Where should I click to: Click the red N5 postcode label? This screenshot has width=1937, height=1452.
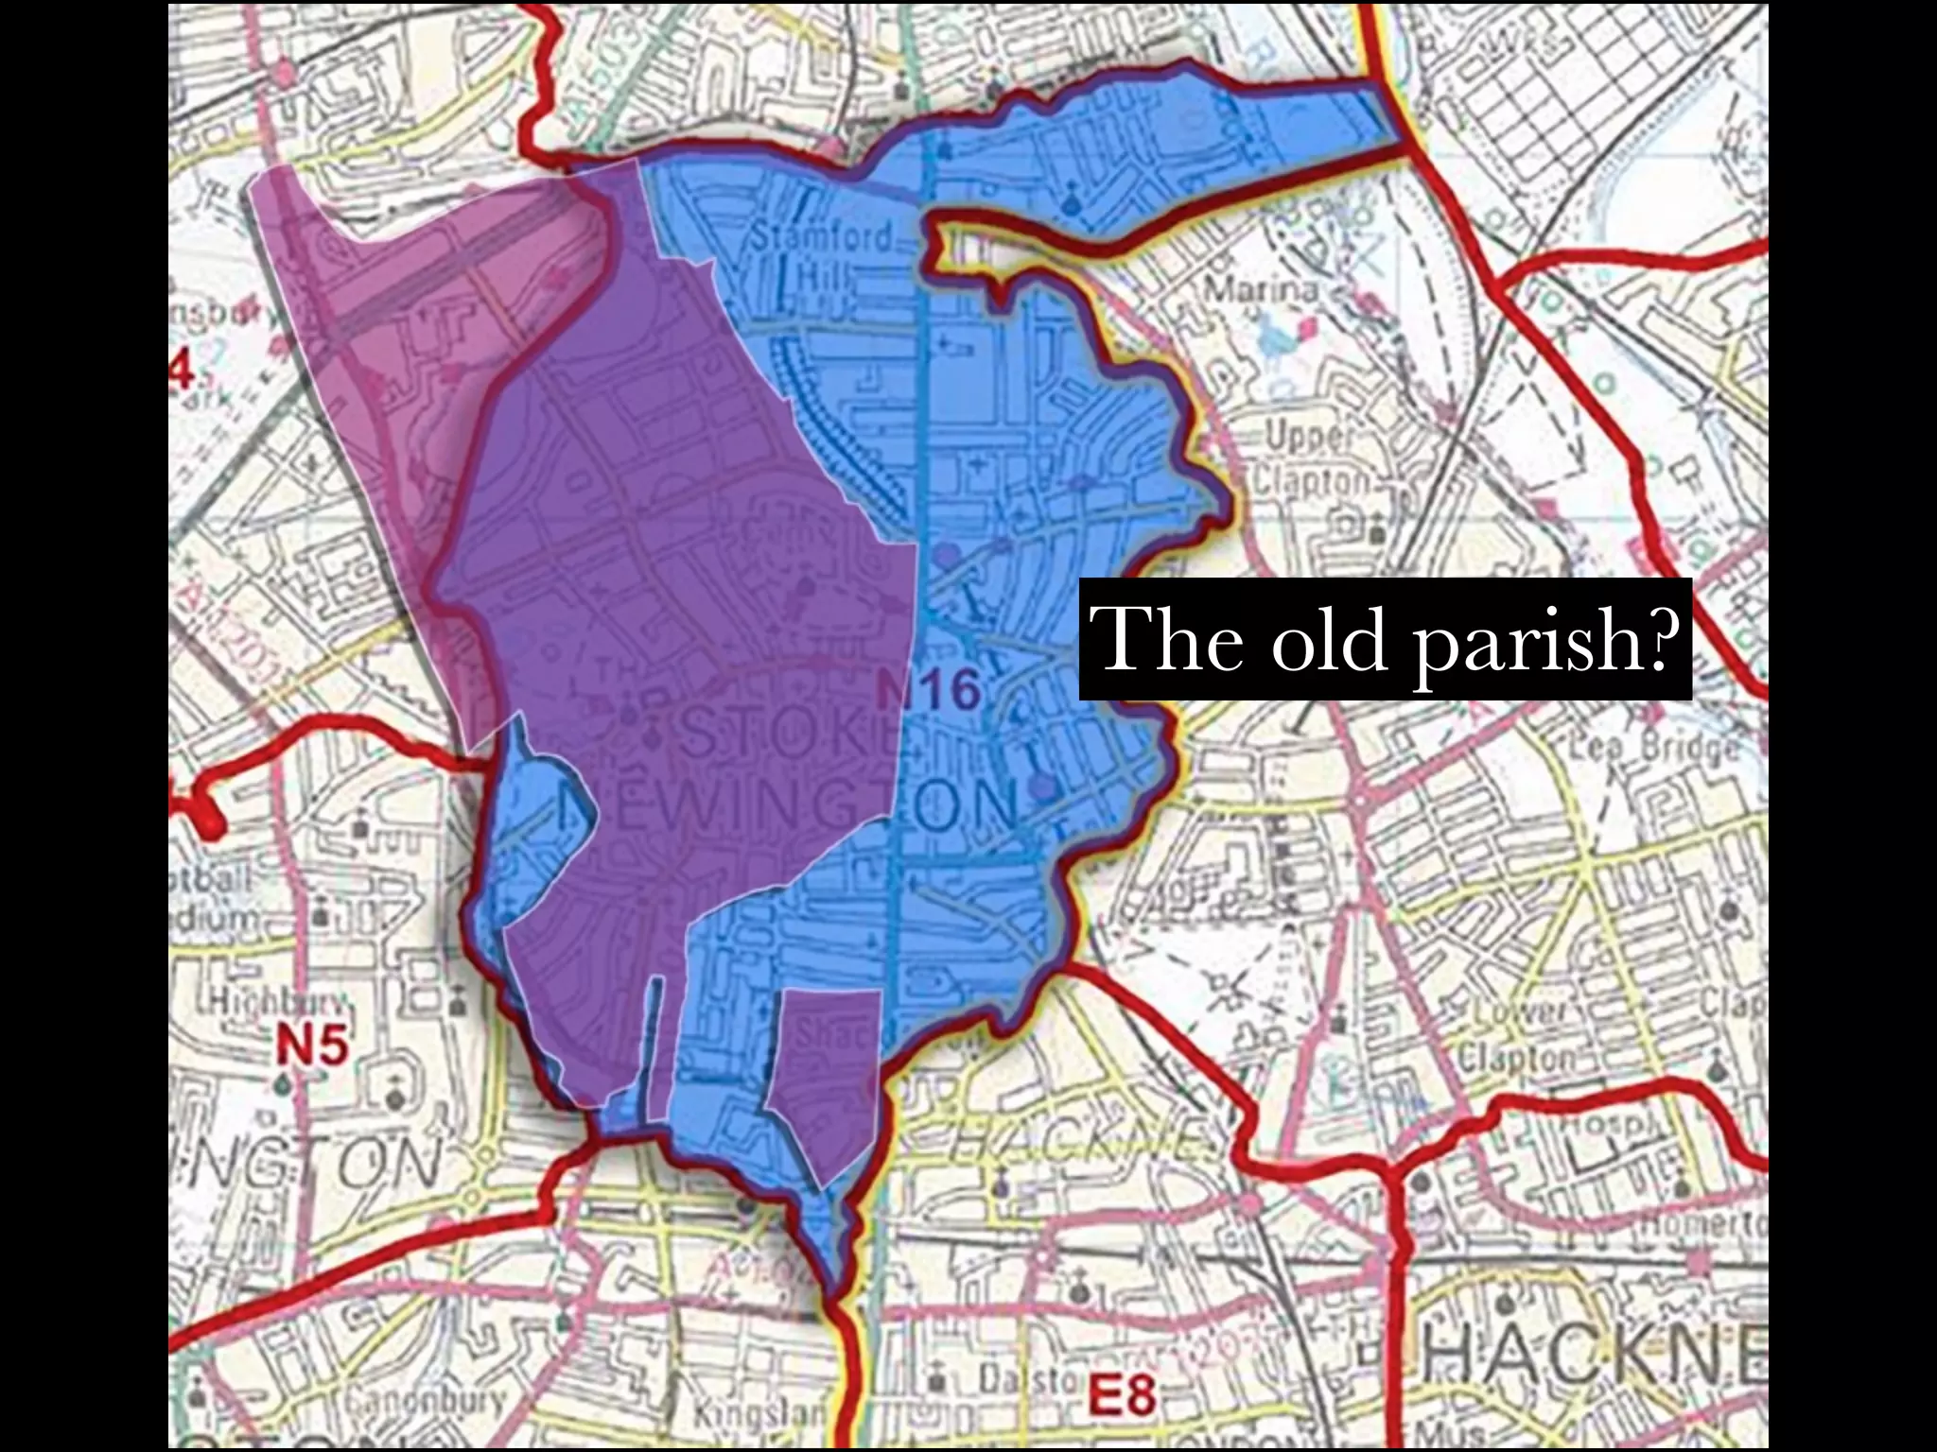pos(311,1045)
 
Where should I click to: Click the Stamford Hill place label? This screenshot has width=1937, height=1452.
pos(821,255)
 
